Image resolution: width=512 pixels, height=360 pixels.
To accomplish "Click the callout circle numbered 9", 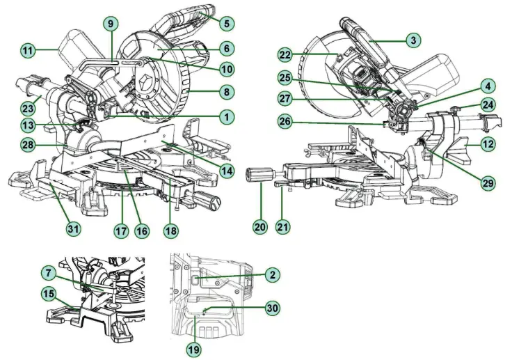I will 109,23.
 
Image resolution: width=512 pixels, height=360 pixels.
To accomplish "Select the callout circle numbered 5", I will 225,24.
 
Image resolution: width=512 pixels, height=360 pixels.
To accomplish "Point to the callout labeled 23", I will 27,108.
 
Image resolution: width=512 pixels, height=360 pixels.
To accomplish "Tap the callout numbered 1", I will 225,118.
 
